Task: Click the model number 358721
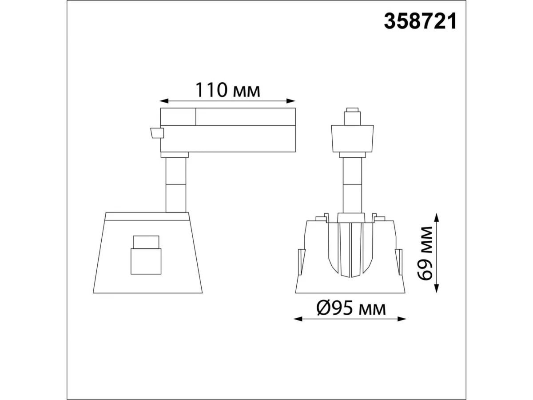420,21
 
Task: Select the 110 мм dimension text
228,90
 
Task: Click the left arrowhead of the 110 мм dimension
163,101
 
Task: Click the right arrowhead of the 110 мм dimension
291,101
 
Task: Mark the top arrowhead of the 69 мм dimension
437,217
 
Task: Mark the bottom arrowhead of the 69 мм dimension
437,288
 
